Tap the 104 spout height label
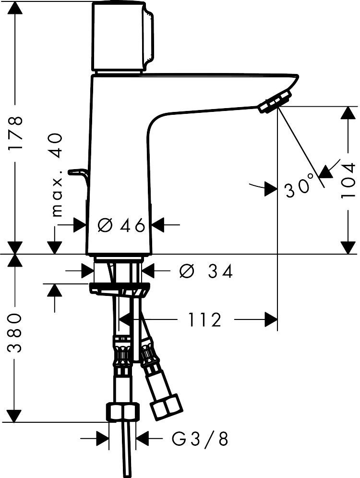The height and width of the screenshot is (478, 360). (348, 180)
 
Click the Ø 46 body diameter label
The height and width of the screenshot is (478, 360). (121, 226)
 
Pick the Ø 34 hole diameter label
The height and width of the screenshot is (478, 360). (205, 270)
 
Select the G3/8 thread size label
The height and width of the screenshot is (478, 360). (200, 439)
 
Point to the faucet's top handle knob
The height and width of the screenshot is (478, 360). (122, 37)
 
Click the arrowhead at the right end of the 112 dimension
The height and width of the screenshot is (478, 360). (271, 320)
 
